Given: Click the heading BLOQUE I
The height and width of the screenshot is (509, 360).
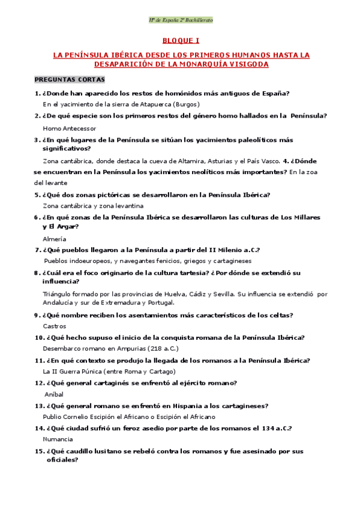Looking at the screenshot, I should coord(180,41).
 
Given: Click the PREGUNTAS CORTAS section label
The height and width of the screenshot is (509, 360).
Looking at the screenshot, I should coord(70,79).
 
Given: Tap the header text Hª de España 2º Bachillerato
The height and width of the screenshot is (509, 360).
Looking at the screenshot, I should coord(180,20).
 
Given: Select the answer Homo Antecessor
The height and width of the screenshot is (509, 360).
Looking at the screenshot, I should coord(70,128).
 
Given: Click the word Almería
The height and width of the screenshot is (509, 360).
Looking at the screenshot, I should coord(55,239).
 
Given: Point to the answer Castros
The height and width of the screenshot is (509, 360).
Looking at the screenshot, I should coord(55,326).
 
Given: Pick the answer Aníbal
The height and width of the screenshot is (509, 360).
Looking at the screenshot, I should coord(54,394).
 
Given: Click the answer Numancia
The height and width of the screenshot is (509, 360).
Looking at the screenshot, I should coord(58,439).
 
